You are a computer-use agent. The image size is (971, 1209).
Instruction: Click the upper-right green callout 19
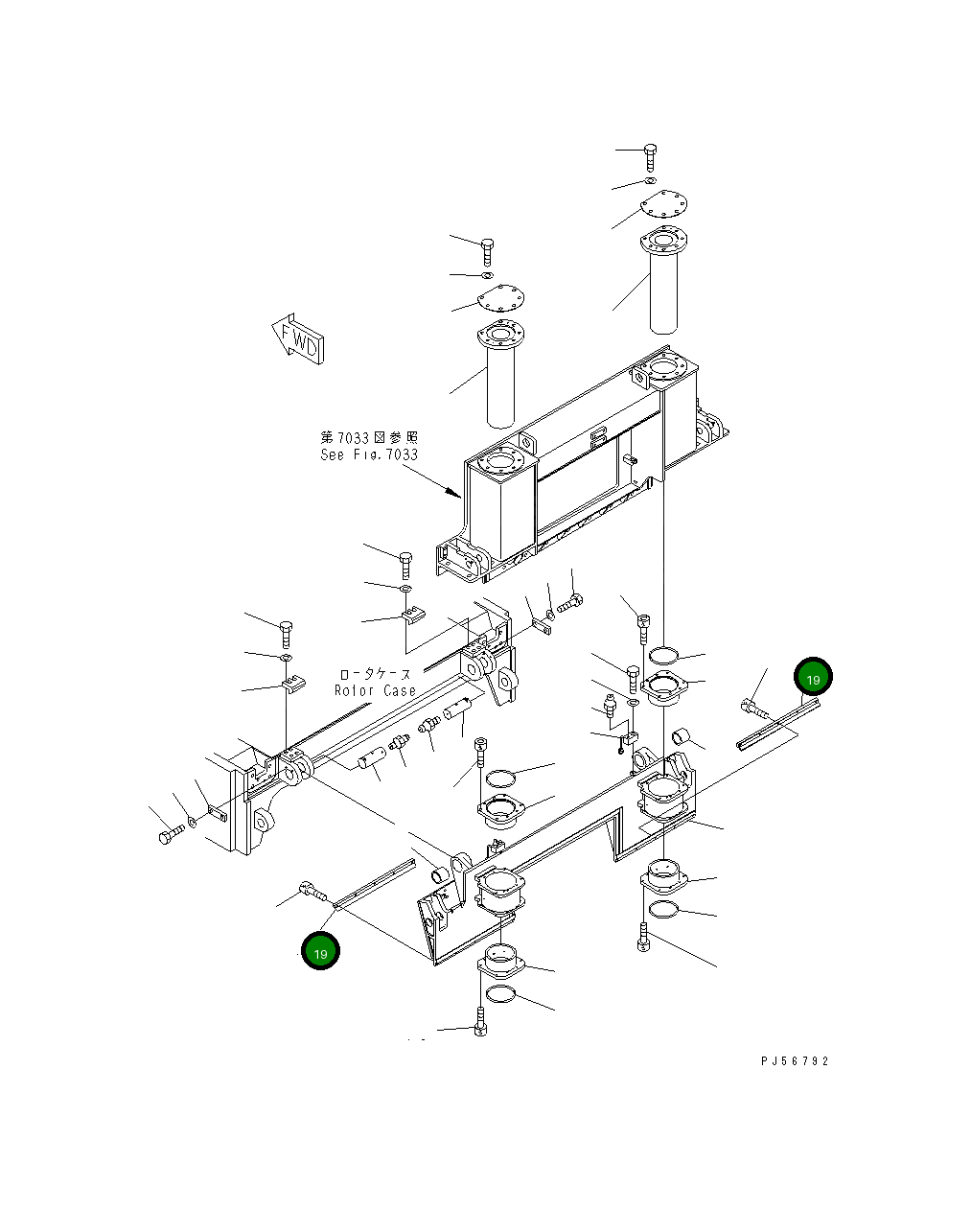pos(813,678)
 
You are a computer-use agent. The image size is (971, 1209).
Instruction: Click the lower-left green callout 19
pos(320,951)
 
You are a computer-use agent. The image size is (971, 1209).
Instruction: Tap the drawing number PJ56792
pos(795,1061)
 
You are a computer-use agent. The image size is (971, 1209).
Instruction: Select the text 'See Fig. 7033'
pos(369,454)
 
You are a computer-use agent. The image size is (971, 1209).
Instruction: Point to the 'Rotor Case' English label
pos(375,690)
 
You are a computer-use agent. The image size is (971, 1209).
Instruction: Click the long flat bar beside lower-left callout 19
pos(374,882)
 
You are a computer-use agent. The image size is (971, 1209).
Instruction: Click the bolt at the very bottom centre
pos(480,1028)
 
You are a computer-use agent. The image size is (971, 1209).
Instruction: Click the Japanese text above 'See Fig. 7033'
pos(370,438)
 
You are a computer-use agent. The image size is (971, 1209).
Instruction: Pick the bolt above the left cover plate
pos(487,251)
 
